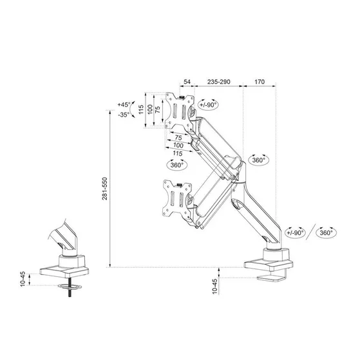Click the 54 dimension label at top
(x=187, y=83)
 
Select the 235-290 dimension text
(x=218, y=83)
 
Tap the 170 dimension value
(x=260, y=83)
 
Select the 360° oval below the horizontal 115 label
(x=176, y=165)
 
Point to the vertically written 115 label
(x=141, y=110)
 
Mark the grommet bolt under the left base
(x=68, y=290)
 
